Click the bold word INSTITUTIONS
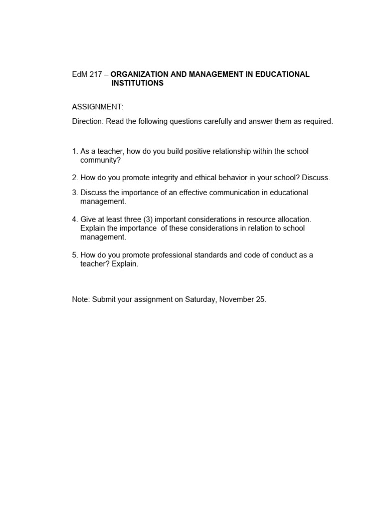137,83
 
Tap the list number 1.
75,151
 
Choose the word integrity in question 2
141,178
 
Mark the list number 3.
75,193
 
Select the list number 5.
75,255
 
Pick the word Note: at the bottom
81,300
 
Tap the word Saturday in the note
200,300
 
